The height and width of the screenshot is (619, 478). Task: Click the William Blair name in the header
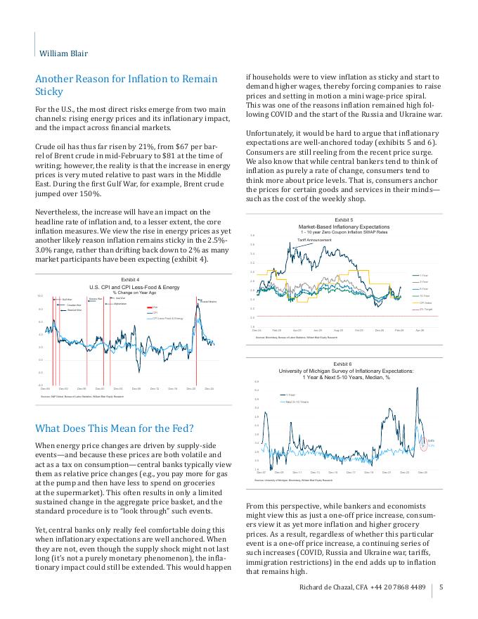pos(63,53)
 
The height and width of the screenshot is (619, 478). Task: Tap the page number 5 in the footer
pos(441,587)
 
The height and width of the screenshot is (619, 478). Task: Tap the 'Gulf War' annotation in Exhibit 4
pos(67,300)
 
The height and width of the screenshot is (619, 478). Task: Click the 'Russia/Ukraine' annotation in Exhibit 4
pos(207,301)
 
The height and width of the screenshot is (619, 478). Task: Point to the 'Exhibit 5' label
pos(344,220)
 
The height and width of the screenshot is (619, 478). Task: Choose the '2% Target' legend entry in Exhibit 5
pos(426,309)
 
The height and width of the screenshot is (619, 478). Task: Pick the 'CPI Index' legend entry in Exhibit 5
pos(425,302)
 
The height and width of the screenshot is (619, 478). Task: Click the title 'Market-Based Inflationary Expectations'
pos(344,226)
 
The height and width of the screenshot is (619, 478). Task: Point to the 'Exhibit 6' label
pos(344,364)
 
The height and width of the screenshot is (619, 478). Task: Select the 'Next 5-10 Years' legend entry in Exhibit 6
pos(298,402)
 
